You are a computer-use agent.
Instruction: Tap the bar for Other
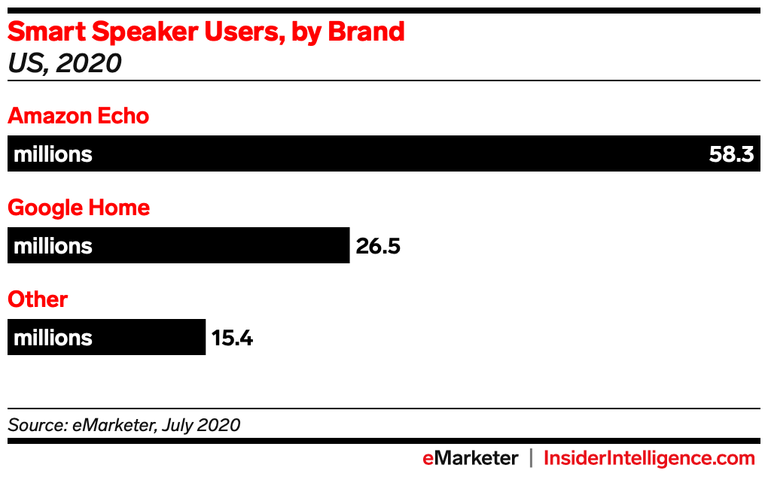pyautogui.click(x=151, y=338)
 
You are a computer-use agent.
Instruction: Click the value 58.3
pyautogui.click(x=731, y=155)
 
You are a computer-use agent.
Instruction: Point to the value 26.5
pyautogui.click(x=378, y=247)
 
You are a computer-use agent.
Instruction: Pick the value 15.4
pyautogui.click(x=232, y=339)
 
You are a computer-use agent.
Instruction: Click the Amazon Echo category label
pyautogui.click(x=78, y=117)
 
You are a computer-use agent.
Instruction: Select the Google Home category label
pyautogui.click(x=79, y=208)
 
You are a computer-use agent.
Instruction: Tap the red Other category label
pyautogui.click(x=38, y=300)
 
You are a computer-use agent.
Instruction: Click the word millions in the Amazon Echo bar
pyautogui.click(x=53, y=155)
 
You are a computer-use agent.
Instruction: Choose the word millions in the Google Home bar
pyautogui.click(x=53, y=247)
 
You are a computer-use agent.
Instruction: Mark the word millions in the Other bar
pyautogui.click(x=53, y=339)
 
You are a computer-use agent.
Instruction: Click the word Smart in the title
pyautogui.click(x=44, y=32)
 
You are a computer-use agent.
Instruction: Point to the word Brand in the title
pyautogui.click(x=366, y=32)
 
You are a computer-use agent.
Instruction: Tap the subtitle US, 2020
pyautogui.click(x=64, y=64)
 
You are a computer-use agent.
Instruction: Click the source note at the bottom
pyautogui.click(x=124, y=425)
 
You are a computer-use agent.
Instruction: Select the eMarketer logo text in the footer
pyautogui.click(x=470, y=458)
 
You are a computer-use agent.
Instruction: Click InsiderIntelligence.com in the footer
pyautogui.click(x=649, y=458)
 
